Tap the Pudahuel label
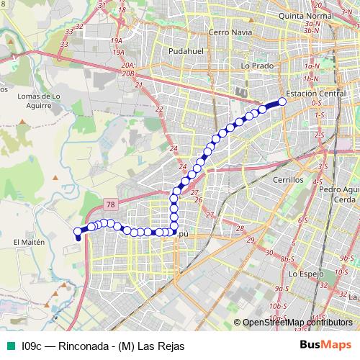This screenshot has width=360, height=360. pyautogui.click(x=185, y=52)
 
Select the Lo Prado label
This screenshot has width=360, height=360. pyautogui.click(x=255, y=66)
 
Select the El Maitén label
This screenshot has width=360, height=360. pyautogui.click(x=29, y=243)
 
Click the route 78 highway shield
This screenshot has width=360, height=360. pyautogui.click(x=109, y=204)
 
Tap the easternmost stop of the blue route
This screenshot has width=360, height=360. pyautogui.click(x=282, y=102)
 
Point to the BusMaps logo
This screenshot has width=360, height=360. pyautogui.click(x=325, y=346)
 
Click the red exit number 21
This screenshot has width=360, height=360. pyautogui.click(x=138, y=85)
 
